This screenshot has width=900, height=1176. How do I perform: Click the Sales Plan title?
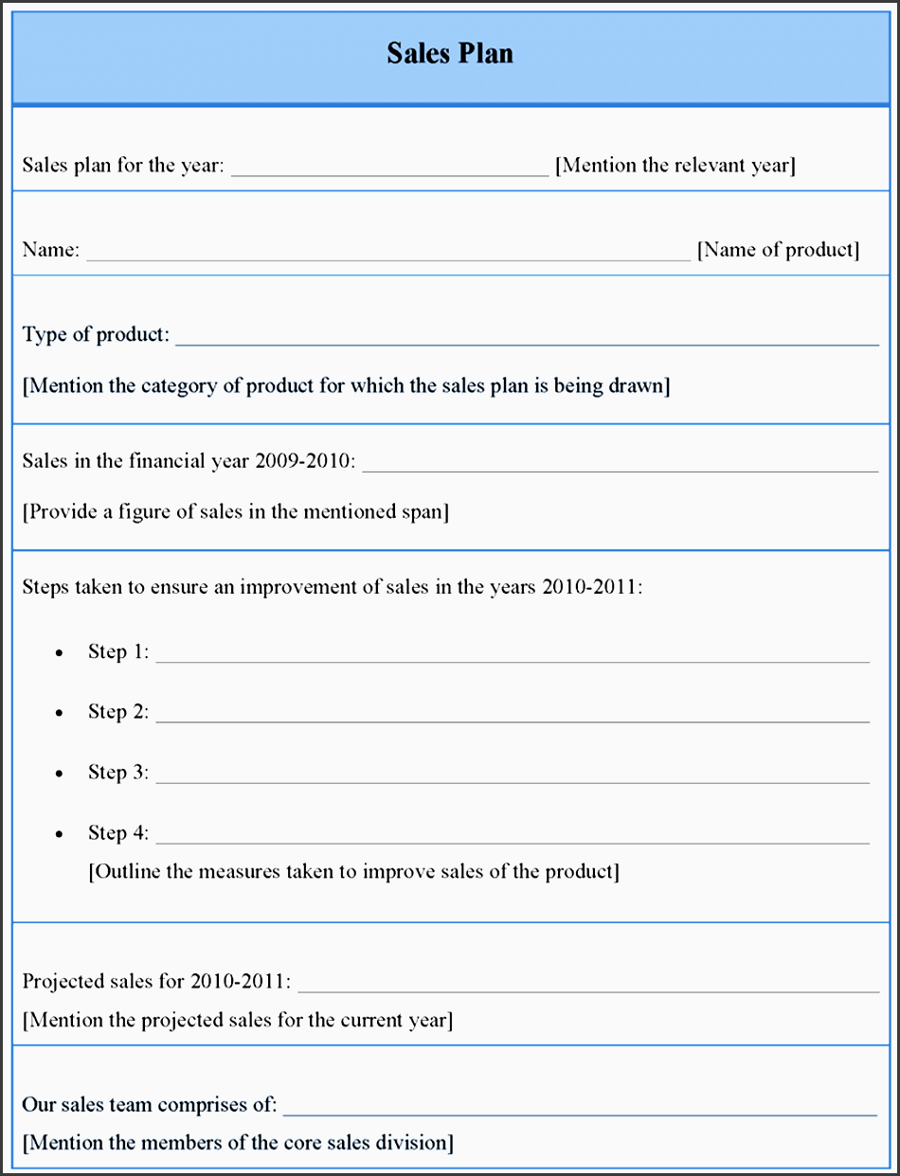[450, 53]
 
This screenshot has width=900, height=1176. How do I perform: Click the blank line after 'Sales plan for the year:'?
[389, 174]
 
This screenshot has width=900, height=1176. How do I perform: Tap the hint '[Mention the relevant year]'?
[675, 166]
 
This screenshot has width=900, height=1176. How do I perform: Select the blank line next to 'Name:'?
[388, 258]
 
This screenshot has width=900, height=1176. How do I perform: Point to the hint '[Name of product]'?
[778, 250]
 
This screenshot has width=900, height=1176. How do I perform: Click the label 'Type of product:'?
[96, 335]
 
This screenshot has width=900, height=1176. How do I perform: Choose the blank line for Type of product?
[527, 344]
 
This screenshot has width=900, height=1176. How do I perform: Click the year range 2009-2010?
[304, 461]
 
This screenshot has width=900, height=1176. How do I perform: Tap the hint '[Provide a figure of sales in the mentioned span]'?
[236, 512]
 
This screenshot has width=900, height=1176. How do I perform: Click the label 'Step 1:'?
[118, 651]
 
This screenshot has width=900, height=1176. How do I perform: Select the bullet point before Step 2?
[60, 713]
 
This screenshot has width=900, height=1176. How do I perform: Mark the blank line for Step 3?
[513, 782]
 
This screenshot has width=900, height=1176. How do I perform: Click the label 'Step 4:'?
[118, 833]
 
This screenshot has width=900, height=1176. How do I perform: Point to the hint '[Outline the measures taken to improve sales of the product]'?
[353, 871]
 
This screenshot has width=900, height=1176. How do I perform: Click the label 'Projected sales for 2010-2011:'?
[156, 981]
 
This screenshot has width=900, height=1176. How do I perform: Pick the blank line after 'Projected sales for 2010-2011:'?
[588, 990]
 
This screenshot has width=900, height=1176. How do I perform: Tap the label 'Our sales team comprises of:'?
[150, 1105]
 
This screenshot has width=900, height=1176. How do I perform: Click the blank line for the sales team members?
[580, 1114]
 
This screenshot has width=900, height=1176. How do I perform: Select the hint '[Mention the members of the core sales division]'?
[238, 1143]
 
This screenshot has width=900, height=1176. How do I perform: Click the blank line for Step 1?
[513, 661]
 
